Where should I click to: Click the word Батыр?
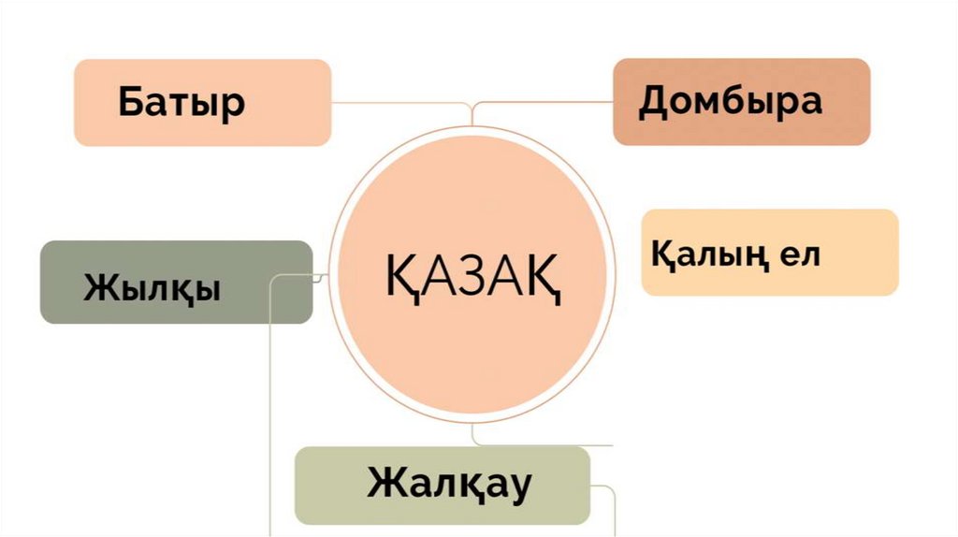(181, 102)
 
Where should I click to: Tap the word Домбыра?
(730, 101)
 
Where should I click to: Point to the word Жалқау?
(449, 485)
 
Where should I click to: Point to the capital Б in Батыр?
(132, 101)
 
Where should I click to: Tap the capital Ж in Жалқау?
(385, 484)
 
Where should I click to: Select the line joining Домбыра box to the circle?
(543, 103)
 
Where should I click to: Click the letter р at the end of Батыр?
(233, 104)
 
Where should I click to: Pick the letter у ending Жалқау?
(520, 487)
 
